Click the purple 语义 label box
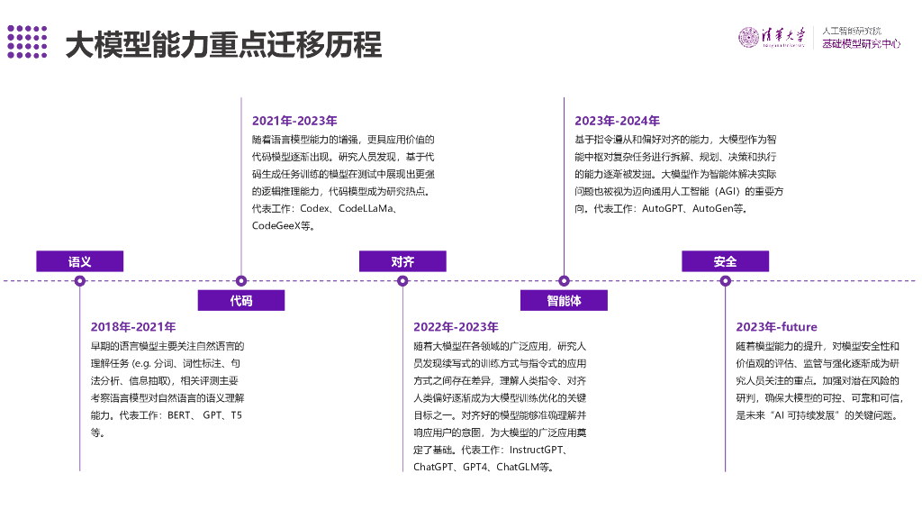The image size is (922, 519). click(80, 261)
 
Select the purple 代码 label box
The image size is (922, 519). click(241, 300)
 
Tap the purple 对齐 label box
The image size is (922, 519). click(402, 261)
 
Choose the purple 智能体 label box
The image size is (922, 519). click(564, 300)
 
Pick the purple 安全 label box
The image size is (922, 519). click(725, 261)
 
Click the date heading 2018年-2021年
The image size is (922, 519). click(133, 327)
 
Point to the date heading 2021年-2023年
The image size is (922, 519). click(294, 122)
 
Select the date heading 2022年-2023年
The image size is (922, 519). click(456, 327)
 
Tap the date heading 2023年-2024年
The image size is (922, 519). click(618, 122)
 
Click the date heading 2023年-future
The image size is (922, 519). click(777, 327)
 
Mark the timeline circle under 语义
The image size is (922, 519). click(80, 281)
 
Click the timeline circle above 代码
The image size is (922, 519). click(241, 281)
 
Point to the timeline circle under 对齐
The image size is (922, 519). click(402, 281)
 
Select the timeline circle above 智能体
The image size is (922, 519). click(564, 281)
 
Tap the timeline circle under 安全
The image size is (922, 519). click(725, 281)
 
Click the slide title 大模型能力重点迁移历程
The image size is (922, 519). click(223, 45)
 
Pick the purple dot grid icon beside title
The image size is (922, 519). click(27, 41)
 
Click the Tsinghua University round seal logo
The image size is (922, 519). click(748, 37)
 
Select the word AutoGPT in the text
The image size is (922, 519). click(663, 208)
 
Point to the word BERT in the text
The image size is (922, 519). click(179, 415)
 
